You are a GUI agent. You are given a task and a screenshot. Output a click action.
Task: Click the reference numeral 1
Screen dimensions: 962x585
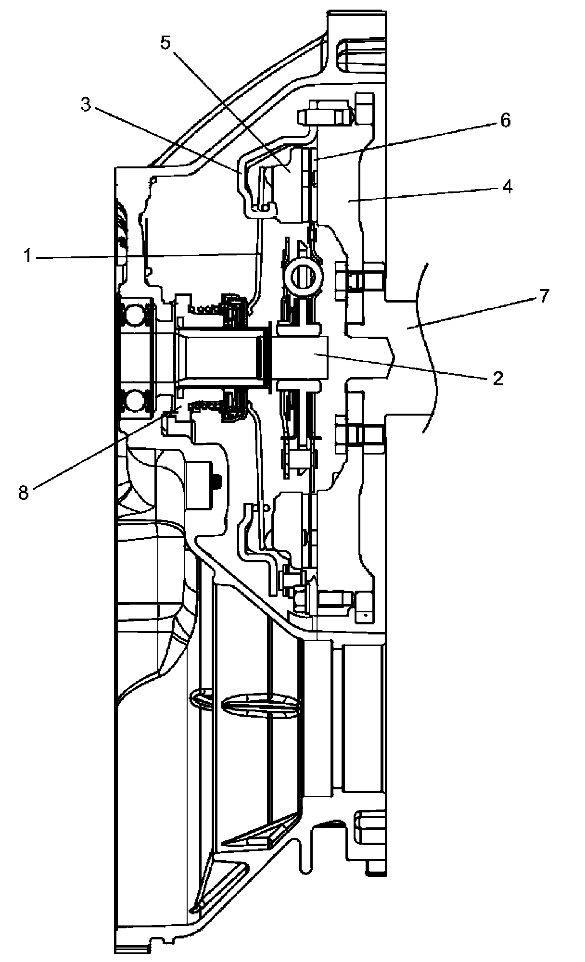pyautogui.click(x=28, y=257)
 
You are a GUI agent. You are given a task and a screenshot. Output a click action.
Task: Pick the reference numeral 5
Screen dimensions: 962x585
pyautogui.click(x=165, y=43)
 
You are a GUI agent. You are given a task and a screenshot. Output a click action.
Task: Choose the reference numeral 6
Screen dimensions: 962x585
pyautogui.click(x=505, y=120)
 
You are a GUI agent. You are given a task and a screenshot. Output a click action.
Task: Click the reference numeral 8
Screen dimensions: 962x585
pyautogui.click(x=24, y=493)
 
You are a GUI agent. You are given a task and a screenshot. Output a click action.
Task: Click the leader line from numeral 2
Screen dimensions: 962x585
pyautogui.click(x=404, y=366)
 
